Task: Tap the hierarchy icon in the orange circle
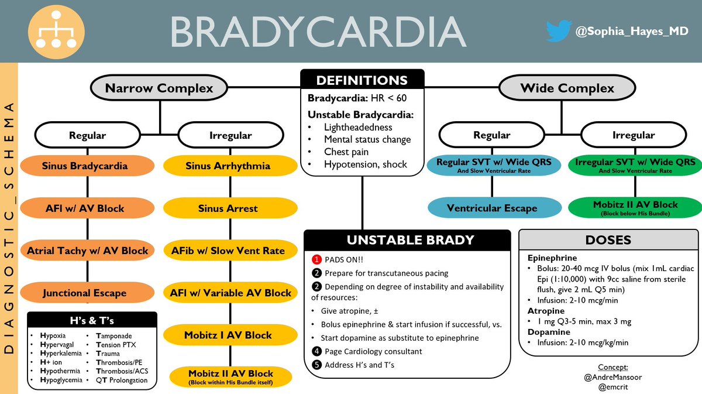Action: pyautogui.click(x=57, y=30)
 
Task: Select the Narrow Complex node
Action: pyautogui.click(x=159, y=88)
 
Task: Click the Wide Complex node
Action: pyautogui.click(x=567, y=88)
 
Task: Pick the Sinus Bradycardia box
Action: pyautogui.click(x=85, y=166)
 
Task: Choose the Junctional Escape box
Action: pyautogui.click(x=85, y=292)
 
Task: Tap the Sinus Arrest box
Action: pyautogui.click(x=228, y=208)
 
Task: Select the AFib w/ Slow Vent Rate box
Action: pyautogui.click(x=228, y=251)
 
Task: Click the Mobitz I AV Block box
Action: pyautogui.click(x=228, y=335)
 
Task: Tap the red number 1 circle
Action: pyautogui.click(x=316, y=259)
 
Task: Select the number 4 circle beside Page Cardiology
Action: pyautogui.click(x=316, y=351)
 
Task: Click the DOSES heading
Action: pyautogui.click(x=608, y=240)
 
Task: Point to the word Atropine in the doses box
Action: pyautogui.click(x=546, y=311)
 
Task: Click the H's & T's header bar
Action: pyautogui.click(x=92, y=320)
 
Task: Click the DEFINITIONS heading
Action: pyautogui.click(x=362, y=80)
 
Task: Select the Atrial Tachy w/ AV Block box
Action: pyautogui.click(x=87, y=251)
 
